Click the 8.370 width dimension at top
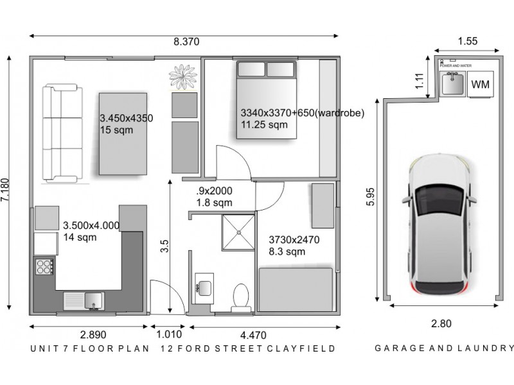186,42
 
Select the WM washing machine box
480,85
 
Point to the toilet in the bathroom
242,296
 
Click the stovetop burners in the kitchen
43,266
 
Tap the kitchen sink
84,299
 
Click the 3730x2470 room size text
294,240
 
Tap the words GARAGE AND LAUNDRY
443,349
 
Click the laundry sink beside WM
452,84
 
